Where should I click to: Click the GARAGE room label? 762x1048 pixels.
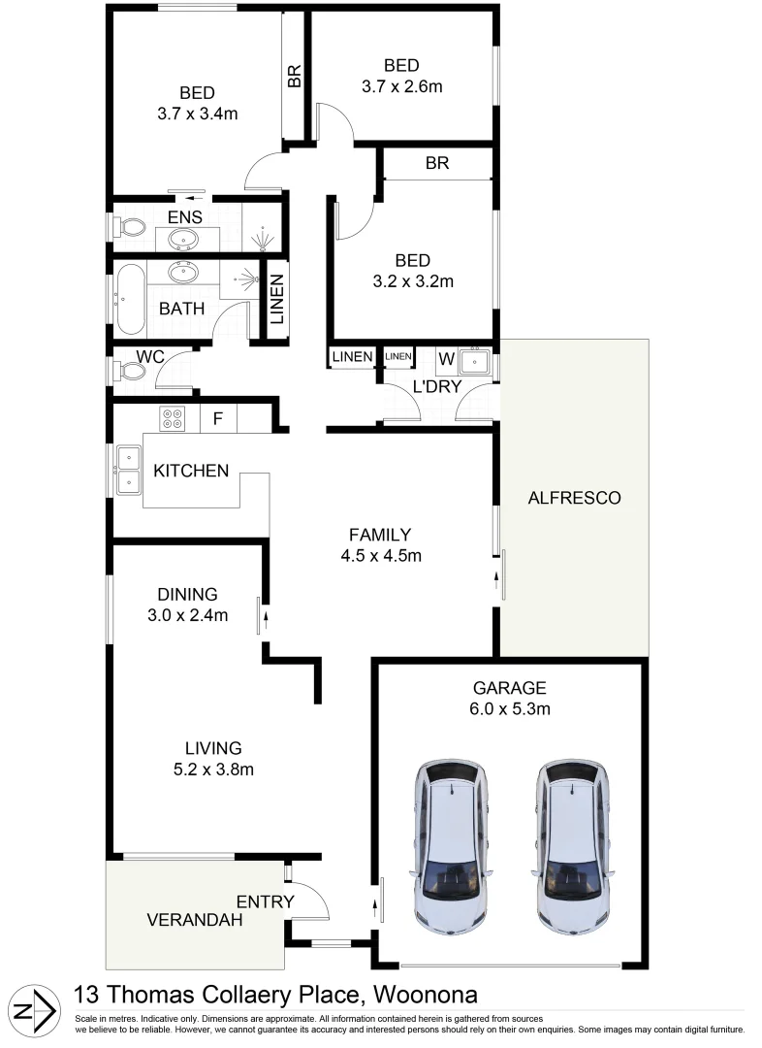tap(509, 688)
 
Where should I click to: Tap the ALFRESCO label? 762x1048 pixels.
tap(574, 499)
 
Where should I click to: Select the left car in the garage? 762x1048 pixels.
tap(451, 846)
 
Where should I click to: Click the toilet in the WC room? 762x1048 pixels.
tap(128, 369)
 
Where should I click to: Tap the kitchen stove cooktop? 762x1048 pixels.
tap(173, 418)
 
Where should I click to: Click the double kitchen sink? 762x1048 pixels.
tap(127, 469)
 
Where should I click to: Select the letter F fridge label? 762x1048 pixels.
tap(218, 419)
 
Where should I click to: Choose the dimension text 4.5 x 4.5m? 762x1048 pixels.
tap(380, 556)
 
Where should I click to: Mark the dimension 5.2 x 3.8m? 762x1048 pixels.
tap(213, 770)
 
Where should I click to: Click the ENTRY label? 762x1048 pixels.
tap(265, 901)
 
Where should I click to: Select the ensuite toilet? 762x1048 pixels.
tap(129, 228)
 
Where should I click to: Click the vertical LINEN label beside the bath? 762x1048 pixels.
tap(277, 302)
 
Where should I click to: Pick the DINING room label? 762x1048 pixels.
tap(187, 594)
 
